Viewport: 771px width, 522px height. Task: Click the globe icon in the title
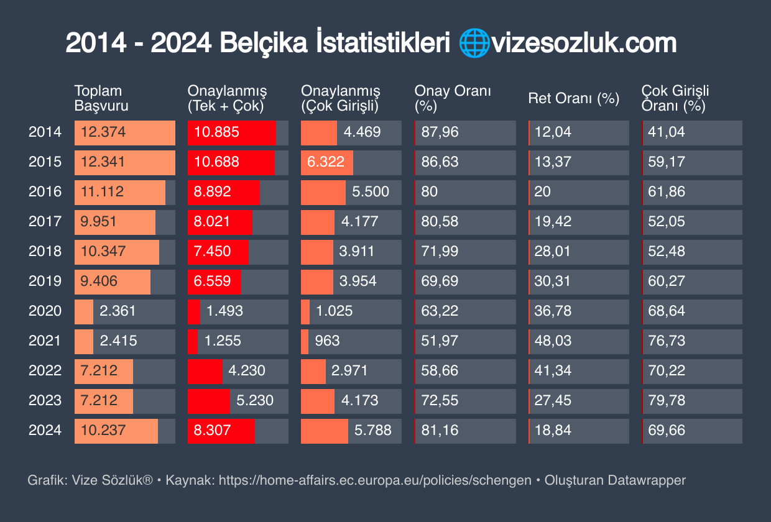click(x=474, y=44)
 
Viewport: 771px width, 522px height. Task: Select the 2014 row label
click(x=45, y=132)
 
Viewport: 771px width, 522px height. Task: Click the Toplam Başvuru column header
click(x=101, y=98)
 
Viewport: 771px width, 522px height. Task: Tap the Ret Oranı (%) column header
click(x=573, y=98)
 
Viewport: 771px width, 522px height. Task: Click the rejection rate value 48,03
click(x=552, y=341)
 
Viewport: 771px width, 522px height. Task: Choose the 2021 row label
click(x=45, y=341)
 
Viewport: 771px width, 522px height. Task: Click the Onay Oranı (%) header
click(x=453, y=98)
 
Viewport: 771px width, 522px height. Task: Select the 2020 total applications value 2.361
click(x=118, y=311)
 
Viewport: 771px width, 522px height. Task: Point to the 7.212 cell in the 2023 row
click(x=99, y=401)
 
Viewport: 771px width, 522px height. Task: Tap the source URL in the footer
click(x=375, y=480)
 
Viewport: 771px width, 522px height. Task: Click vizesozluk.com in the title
click(x=584, y=44)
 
